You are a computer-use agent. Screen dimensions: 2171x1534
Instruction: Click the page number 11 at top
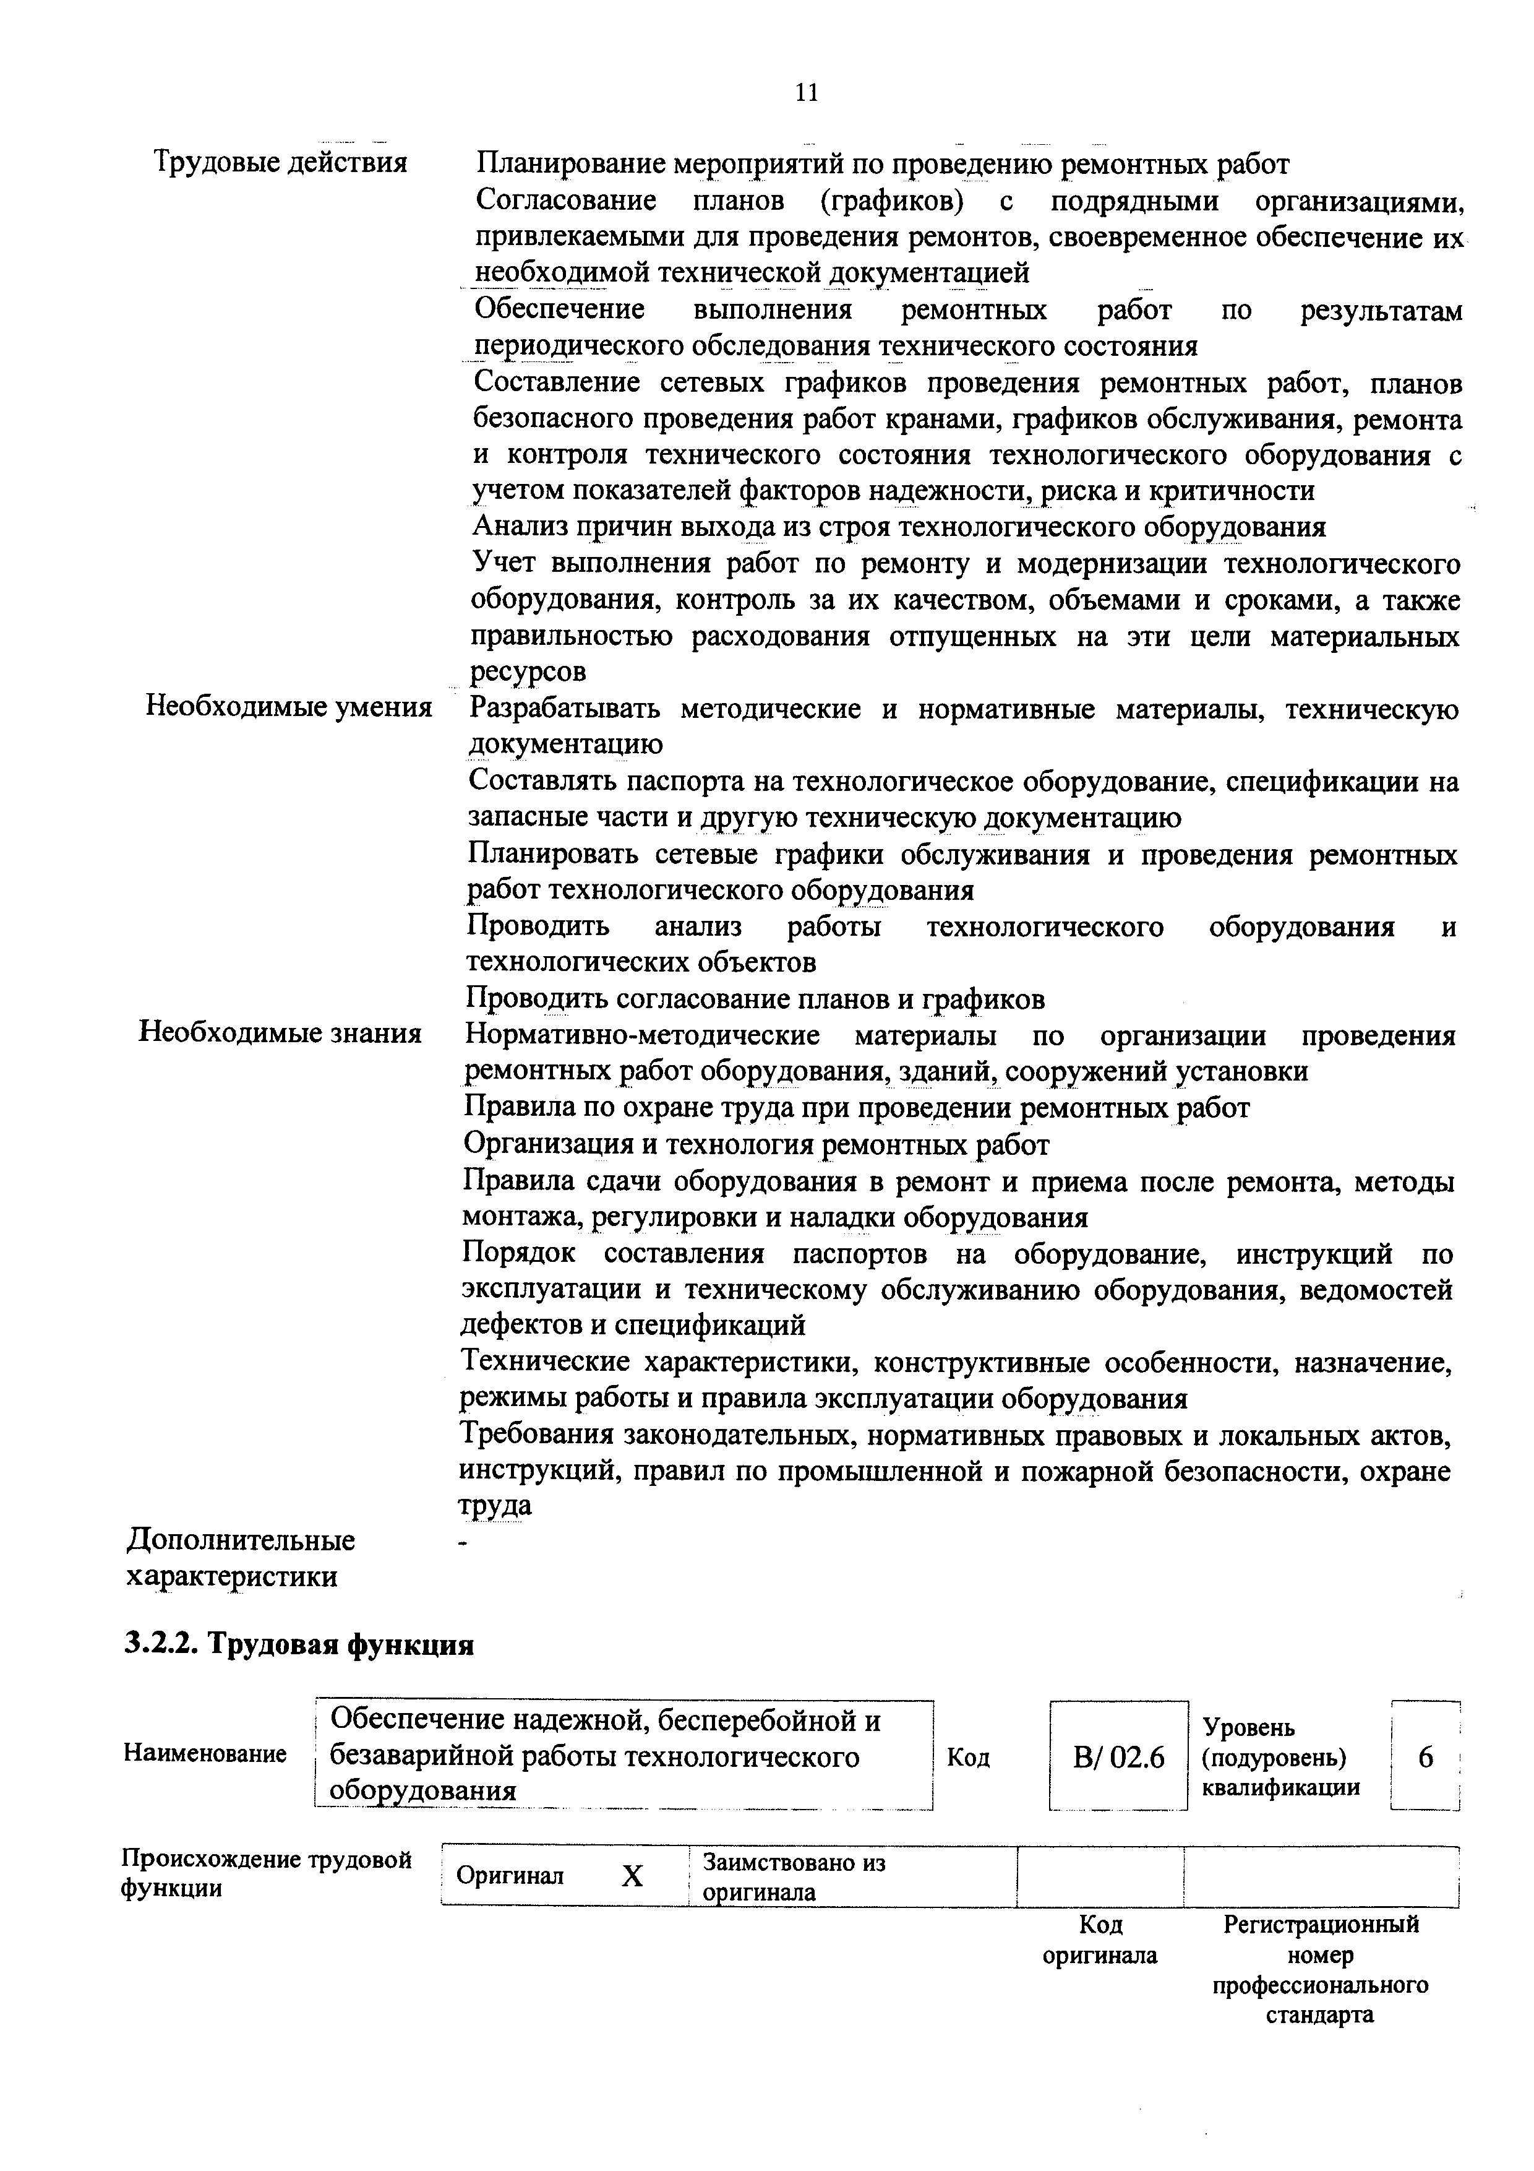[x=806, y=93]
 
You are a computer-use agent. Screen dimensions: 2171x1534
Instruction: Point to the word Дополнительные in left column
[x=241, y=1540]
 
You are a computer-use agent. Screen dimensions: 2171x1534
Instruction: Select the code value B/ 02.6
[x=1118, y=1757]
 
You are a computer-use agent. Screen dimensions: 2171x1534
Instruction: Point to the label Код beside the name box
[x=969, y=1758]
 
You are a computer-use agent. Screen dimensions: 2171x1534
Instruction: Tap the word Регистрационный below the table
[x=1321, y=1924]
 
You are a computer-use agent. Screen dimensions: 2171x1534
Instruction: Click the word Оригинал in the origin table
[x=510, y=1876]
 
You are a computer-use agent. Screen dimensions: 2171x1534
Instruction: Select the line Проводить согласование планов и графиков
[x=755, y=998]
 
